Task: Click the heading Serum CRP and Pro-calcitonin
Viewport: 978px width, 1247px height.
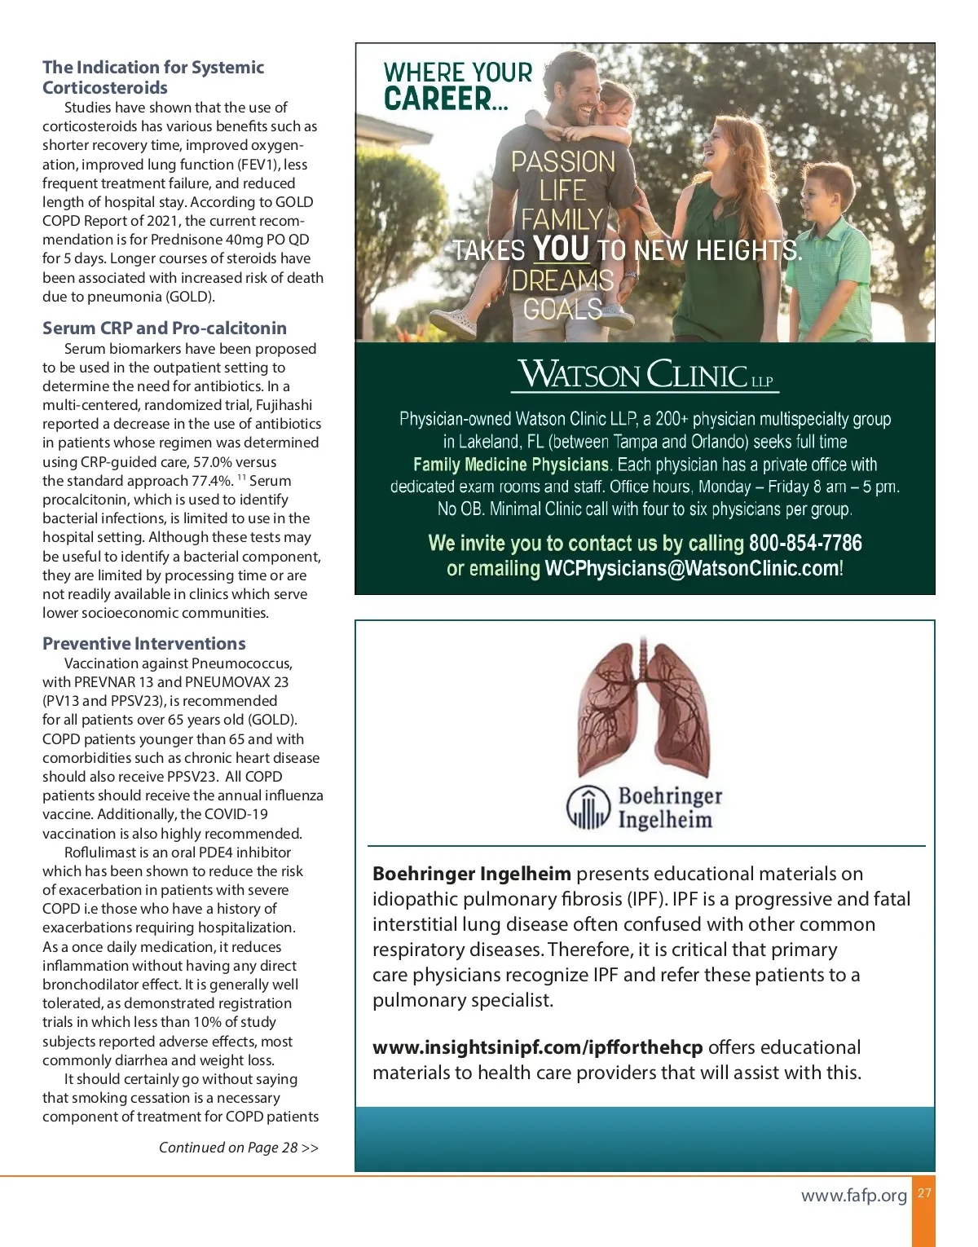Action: (x=165, y=328)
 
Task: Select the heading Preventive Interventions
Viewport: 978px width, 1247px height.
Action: (x=144, y=643)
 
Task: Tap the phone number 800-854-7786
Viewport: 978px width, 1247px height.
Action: (x=805, y=543)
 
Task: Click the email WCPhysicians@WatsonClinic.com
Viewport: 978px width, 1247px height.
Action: (x=692, y=568)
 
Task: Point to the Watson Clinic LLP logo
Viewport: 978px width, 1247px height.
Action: (x=645, y=375)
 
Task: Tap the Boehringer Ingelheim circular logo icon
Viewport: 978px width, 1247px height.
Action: (x=588, y=808)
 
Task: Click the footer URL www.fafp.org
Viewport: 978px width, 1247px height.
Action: (x=853, y=1195)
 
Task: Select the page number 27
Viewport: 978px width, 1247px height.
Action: (x=924, y=1193)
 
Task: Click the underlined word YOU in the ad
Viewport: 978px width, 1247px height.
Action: (x=561, y=248)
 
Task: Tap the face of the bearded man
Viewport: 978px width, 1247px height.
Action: (x=575, y=94)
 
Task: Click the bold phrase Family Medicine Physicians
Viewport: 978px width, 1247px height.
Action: (x=511, y=465)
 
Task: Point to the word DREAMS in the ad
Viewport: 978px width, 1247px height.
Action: (x=562, y=280)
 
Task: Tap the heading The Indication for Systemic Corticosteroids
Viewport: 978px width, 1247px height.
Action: (x=153, y=77)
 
